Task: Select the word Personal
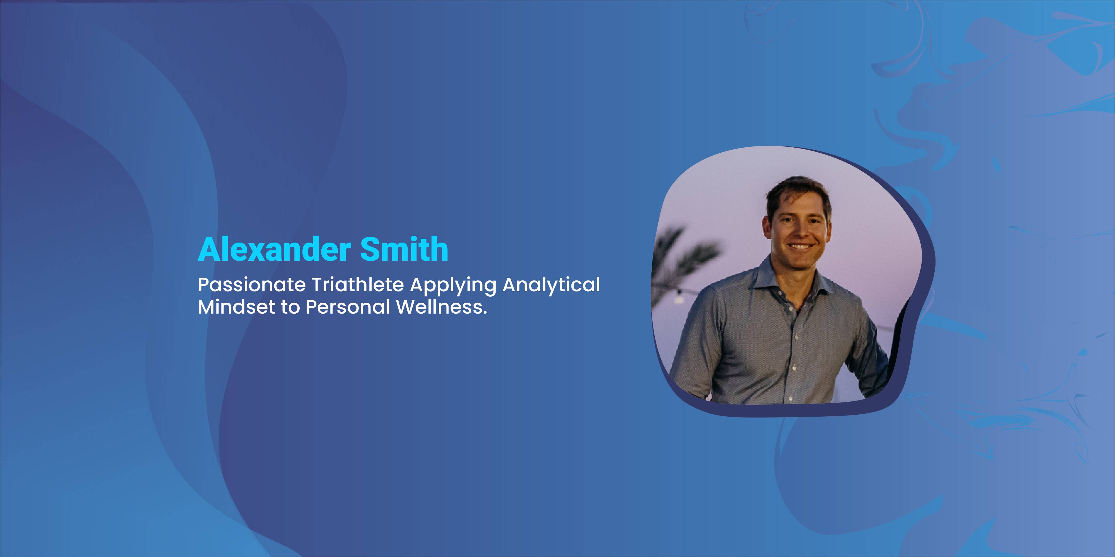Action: tap(348, 307)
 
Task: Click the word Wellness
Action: tap(439, 307)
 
